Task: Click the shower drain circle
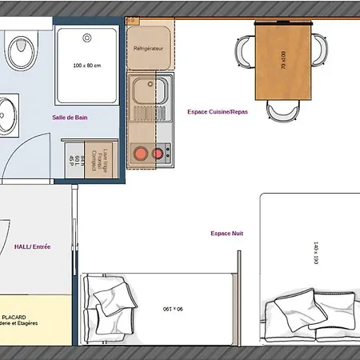point(86,37)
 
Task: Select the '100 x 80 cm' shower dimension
point(87,66)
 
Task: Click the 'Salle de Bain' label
point(70,118)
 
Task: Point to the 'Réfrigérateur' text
point(149,49)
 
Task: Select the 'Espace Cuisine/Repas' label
point(217,112)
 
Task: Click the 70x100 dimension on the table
point(282,61)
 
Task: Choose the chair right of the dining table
point(318,50)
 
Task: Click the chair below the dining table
point(283,111)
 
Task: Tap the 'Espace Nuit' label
point(226,233)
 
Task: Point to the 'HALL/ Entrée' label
point(33,247)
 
